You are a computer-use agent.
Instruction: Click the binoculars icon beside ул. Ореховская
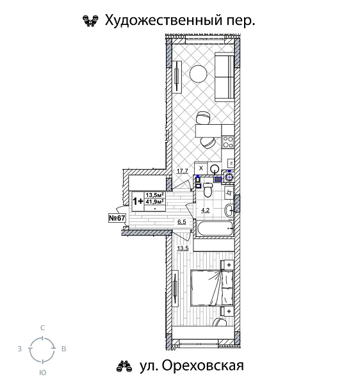[123, 366]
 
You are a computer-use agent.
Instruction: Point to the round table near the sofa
[198, 74]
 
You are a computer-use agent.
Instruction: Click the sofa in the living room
[224, 76]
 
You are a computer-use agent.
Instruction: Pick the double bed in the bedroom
[211, 288]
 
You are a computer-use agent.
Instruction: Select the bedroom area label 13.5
[183, 248]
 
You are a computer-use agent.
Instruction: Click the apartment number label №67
[117, 218]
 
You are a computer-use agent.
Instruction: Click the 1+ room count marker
[138, 199]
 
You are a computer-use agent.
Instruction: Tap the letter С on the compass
[42, 328]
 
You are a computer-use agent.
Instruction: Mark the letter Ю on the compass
[42, 372]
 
